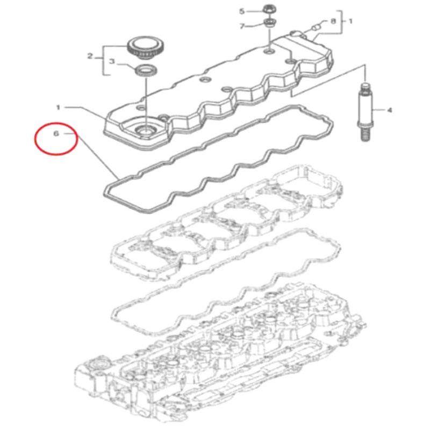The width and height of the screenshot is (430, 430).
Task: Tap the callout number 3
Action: pyautogui.click(x=111, y=62)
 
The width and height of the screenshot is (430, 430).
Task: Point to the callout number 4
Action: pyautogui.click(x=390, y=110)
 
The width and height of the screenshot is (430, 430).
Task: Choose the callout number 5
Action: pyautogui.click(x=242, y=11)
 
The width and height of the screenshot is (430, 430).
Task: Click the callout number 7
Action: pyautogui.click(x=242, y=26)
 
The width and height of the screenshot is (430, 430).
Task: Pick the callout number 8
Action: pyautogui.click(x=333, y=21)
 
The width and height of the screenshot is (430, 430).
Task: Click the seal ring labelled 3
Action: pyautogui.click(x=144, y=69)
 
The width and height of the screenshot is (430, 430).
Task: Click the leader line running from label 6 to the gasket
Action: pyautogui.click(x=97, y=156)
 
